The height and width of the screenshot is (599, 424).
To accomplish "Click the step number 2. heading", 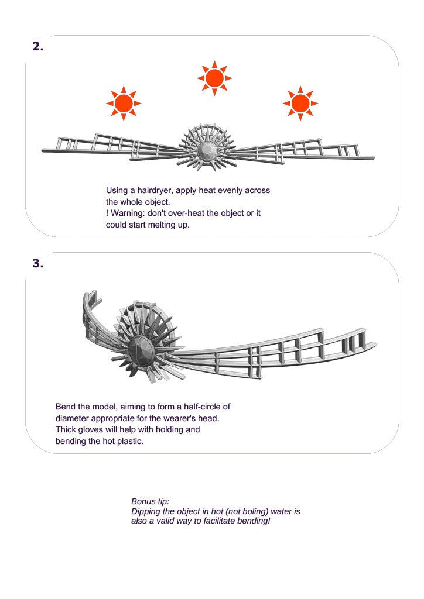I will (37, 47).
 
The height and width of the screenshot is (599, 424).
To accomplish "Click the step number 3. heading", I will (37, 263).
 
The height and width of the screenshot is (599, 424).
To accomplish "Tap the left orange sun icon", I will (124, 104).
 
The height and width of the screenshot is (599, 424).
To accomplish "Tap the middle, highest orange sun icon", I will (214, 78).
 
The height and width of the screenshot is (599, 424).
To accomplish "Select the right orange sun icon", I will (300, 104).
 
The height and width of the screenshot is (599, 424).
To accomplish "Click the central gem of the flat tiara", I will (206, 151).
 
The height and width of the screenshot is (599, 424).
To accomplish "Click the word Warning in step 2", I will (127, 213).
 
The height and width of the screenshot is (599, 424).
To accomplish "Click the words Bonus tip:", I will (151, 501).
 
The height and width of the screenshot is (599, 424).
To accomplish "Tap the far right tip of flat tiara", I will (372, 157).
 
